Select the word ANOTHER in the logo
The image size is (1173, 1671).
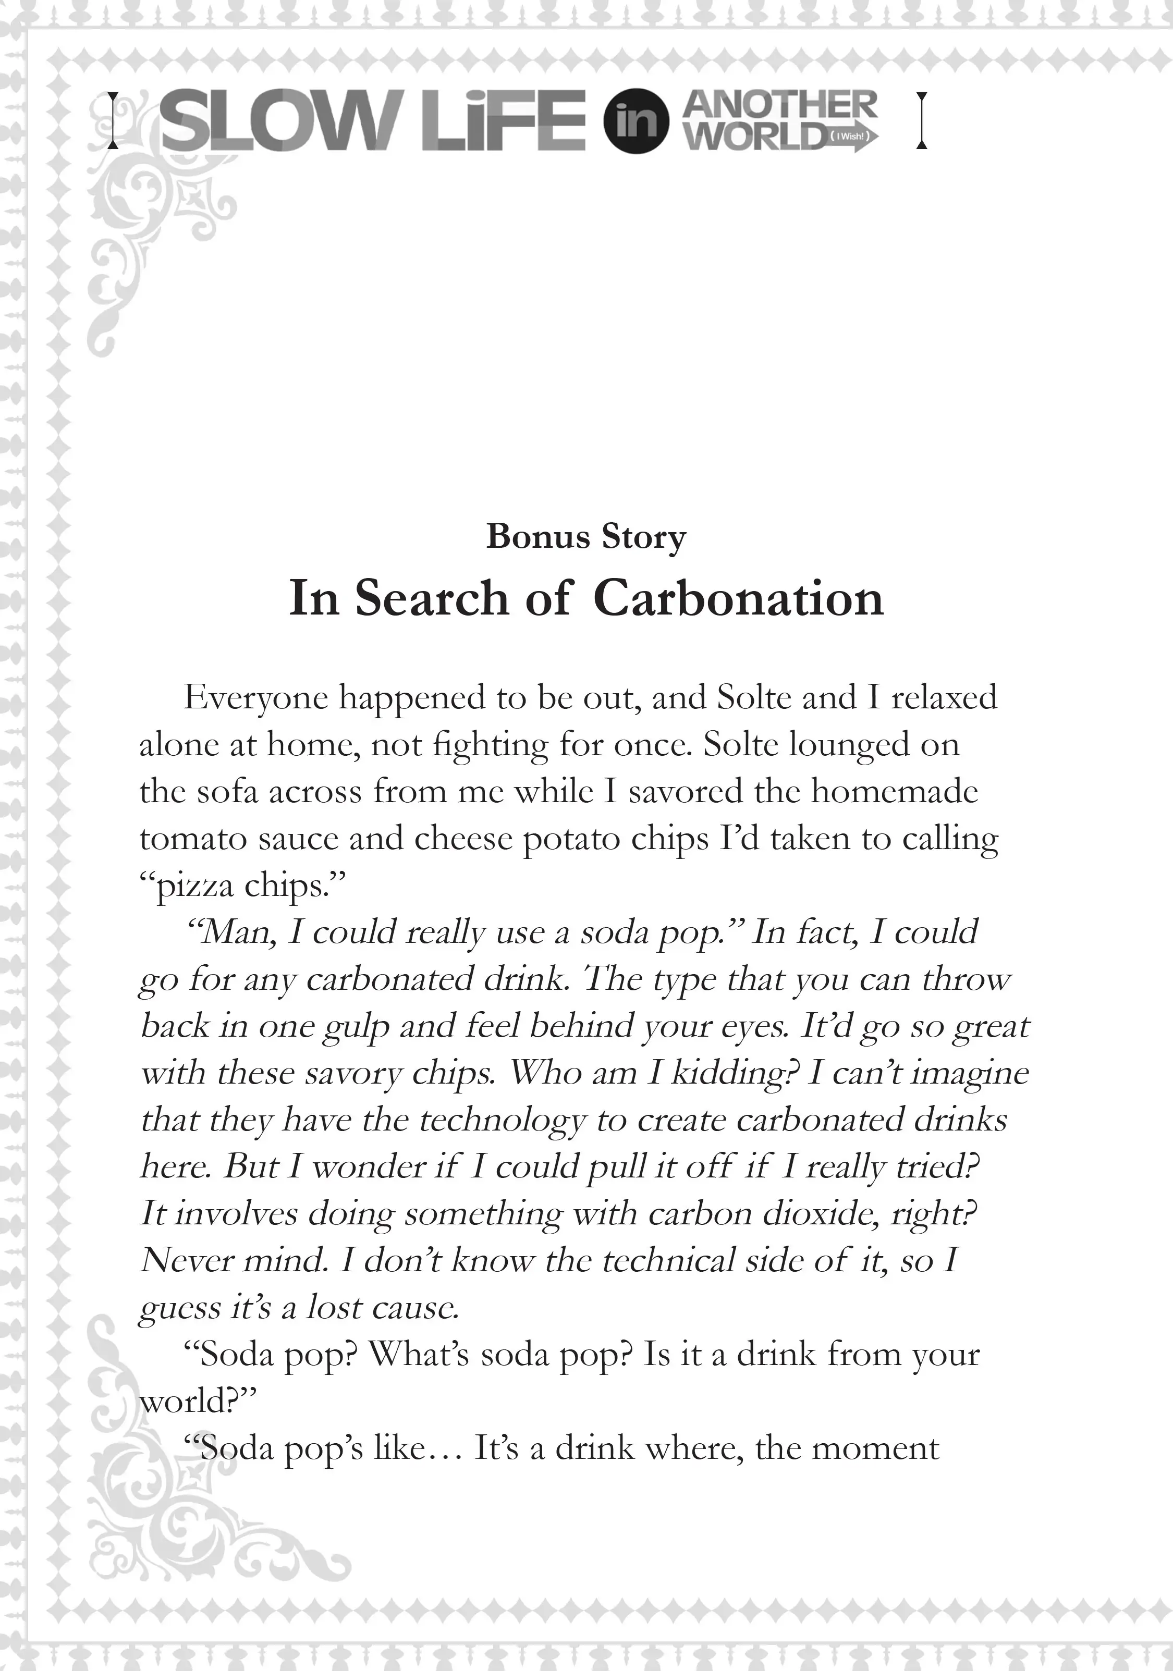780,105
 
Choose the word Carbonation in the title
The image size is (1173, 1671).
738,599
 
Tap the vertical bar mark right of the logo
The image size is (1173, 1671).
922,121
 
